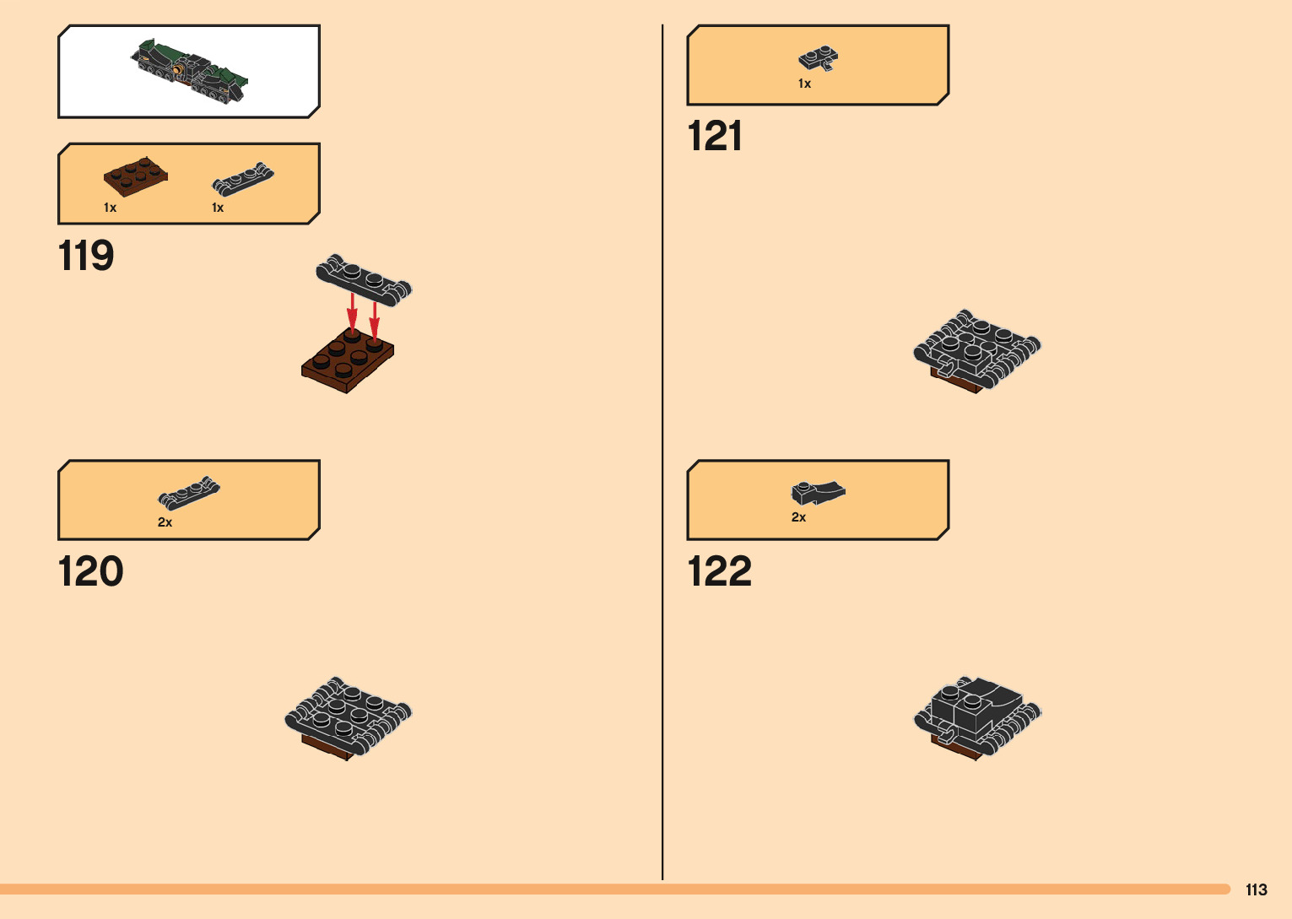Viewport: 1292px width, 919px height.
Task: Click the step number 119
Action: [86, 256]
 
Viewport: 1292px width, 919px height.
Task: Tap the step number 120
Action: [90, 571]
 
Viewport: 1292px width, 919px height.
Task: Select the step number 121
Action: [715, 136]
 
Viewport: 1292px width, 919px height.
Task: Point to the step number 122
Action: [719, 571]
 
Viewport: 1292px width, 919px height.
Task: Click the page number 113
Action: [1256, 889]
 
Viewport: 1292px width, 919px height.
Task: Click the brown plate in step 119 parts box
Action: [135, 176]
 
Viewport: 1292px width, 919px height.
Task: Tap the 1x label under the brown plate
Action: [110, 208]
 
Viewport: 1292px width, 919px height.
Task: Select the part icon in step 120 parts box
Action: [189, 492]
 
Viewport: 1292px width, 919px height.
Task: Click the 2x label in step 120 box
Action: [165, 522]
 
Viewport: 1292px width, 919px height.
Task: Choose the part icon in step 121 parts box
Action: [819, 58]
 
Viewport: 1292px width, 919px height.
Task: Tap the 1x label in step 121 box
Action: [804, 84]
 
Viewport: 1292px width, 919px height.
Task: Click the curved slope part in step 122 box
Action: [818, 491]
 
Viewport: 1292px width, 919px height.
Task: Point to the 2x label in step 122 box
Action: [798, 517]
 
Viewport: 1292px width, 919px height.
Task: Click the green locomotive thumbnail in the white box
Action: [190, 71]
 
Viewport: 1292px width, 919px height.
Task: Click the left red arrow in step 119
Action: [352, 313]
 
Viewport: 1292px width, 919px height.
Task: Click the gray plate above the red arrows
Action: [364, 278]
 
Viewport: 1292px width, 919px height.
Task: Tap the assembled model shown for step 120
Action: [348, 717]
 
